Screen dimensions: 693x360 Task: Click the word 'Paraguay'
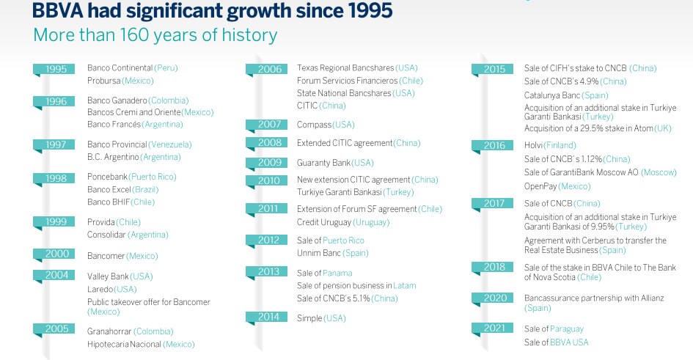pos(567,329)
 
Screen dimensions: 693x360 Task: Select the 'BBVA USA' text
pos(569,342)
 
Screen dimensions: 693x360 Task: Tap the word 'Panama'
pos(337,273)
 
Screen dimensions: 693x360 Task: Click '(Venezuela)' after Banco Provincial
pos(169,144)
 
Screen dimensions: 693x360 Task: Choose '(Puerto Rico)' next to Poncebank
pos(153,177)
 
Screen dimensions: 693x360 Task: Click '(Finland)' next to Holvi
pos(560,145)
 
